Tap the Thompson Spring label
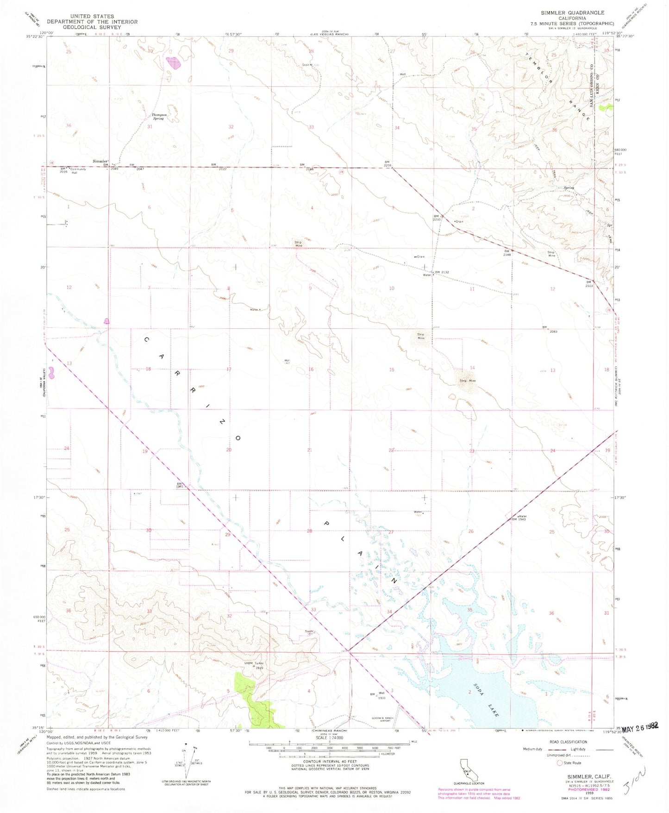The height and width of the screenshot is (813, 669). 158,117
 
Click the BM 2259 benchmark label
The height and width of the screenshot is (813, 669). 388,163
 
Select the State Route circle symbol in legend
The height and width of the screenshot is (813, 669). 559,763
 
